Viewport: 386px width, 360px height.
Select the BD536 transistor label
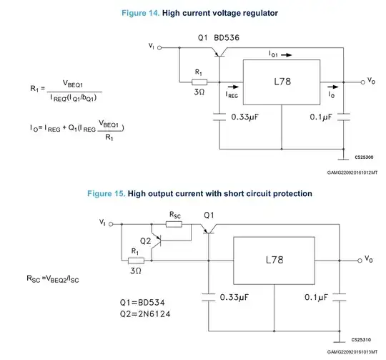[x=227, y=38]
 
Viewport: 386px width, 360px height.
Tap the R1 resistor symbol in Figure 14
[x=199, y=82]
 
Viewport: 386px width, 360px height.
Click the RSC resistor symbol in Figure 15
[x=174, y=224]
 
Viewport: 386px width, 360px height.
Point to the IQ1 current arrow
[x=287, y=55]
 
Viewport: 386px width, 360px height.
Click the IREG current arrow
[x=233, y=87]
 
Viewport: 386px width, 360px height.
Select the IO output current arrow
[x=333, y=87]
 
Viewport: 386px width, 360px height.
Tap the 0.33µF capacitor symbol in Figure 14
[x=219, y=117]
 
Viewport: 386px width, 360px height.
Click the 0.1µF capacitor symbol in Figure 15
[x=340, y=297]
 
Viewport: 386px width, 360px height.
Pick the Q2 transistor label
[x=145, y=240]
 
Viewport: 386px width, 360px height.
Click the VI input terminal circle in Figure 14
[x=159, y=48]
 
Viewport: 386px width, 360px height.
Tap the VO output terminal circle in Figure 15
[x=360, y=261]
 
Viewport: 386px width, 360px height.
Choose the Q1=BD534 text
[x=142, y=302]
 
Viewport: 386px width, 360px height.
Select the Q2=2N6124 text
[x=145, y=314]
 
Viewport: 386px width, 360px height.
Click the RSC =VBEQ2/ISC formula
[x=53, y=278]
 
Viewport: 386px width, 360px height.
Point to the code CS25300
[x=364, y=157]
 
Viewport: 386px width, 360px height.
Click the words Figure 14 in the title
[x=141, y=13]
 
